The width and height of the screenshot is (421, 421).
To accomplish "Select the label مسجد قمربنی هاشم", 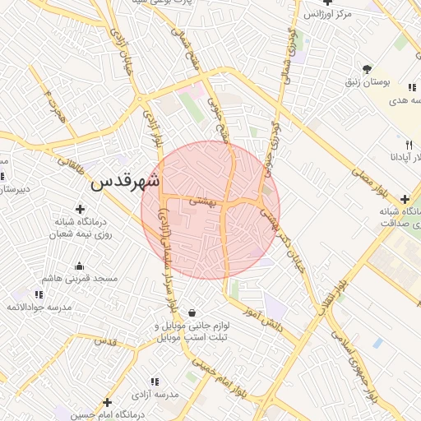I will tap(80, 279).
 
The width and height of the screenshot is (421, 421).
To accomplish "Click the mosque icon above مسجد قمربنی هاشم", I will tap(79, 266).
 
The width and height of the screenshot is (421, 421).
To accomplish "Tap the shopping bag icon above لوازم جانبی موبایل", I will tap(192, 312).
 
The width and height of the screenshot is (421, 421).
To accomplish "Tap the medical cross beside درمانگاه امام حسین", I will tap(106, 402).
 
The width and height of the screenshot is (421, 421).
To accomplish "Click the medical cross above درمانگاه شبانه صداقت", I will tap(405, 199).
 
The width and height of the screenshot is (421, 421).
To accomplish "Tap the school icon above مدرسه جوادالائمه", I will tap(38, 294).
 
